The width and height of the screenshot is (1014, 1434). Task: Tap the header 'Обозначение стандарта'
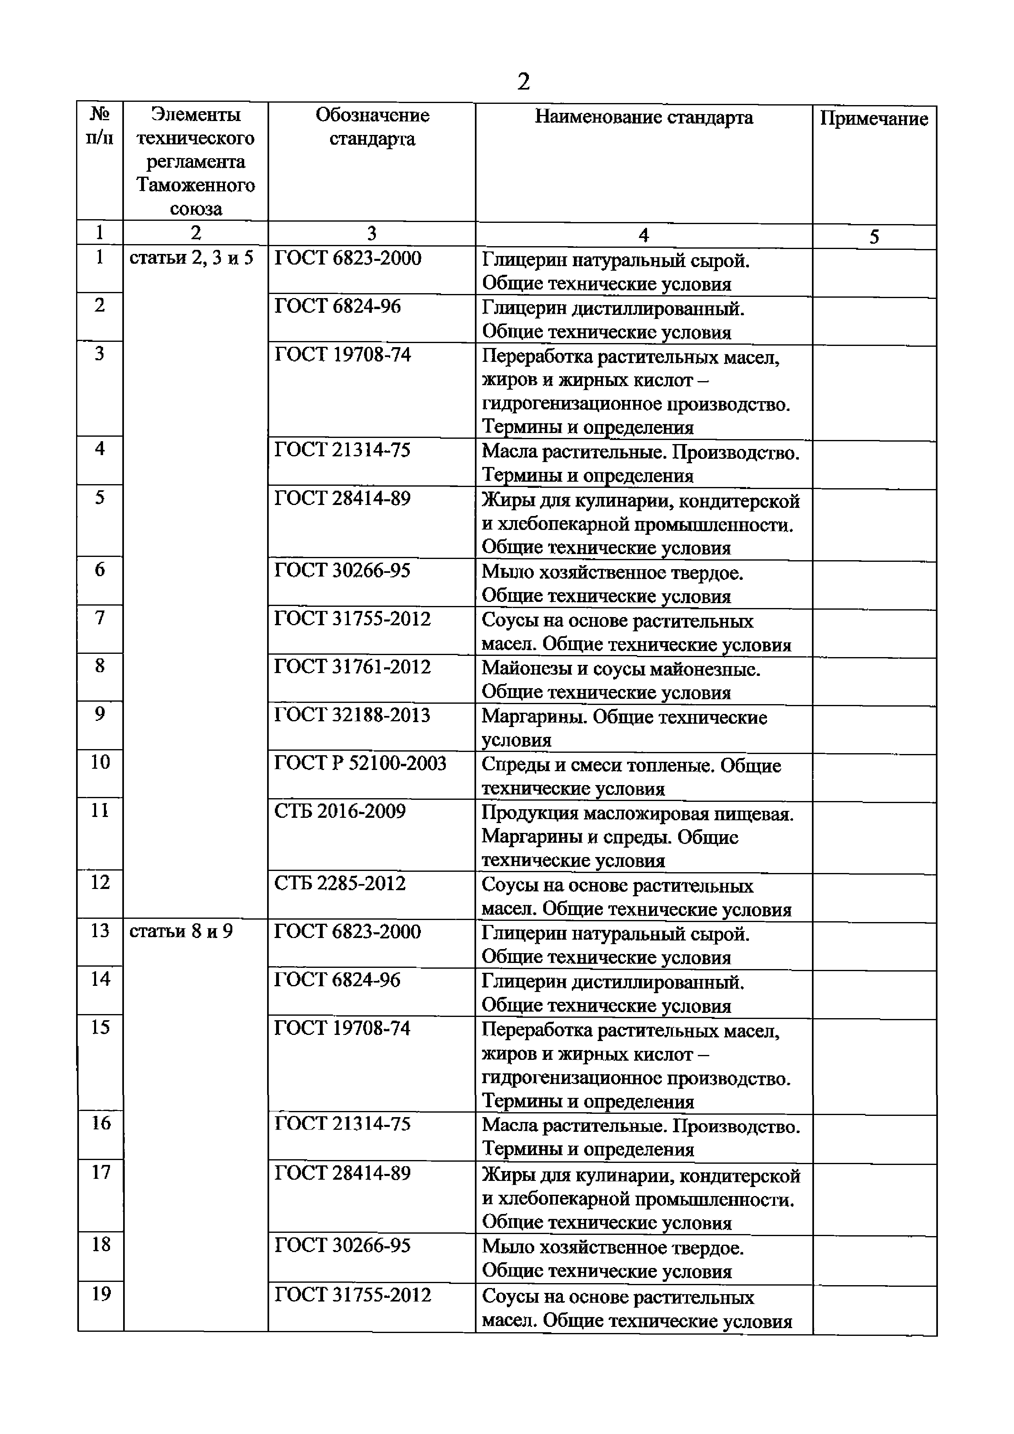(x=372, y=127)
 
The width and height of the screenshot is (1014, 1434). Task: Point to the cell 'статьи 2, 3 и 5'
(x=191, y=258)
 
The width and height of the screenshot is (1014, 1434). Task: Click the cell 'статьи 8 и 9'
(x=180, y=931)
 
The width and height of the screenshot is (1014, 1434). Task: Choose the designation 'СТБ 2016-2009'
(x=340, y=811)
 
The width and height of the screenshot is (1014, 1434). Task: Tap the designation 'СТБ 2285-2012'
(x=340, y=883)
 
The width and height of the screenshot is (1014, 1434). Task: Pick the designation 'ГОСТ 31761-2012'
(x=352, y=667)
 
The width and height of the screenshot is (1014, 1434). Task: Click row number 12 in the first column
(x=100, y=882)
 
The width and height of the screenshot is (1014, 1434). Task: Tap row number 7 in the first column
(x=99, y=618)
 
